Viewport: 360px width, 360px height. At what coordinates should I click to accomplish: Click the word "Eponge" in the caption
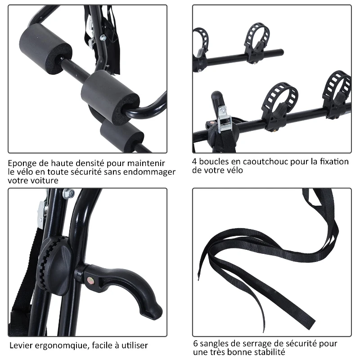pos(22,163)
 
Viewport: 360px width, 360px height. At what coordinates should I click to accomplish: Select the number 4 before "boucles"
pos(195,162)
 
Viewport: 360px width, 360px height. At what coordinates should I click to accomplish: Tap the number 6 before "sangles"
pos(195,344)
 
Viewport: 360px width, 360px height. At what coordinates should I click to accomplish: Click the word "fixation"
pos(334,162)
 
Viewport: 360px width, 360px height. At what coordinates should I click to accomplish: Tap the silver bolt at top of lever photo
pos(69,193)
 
